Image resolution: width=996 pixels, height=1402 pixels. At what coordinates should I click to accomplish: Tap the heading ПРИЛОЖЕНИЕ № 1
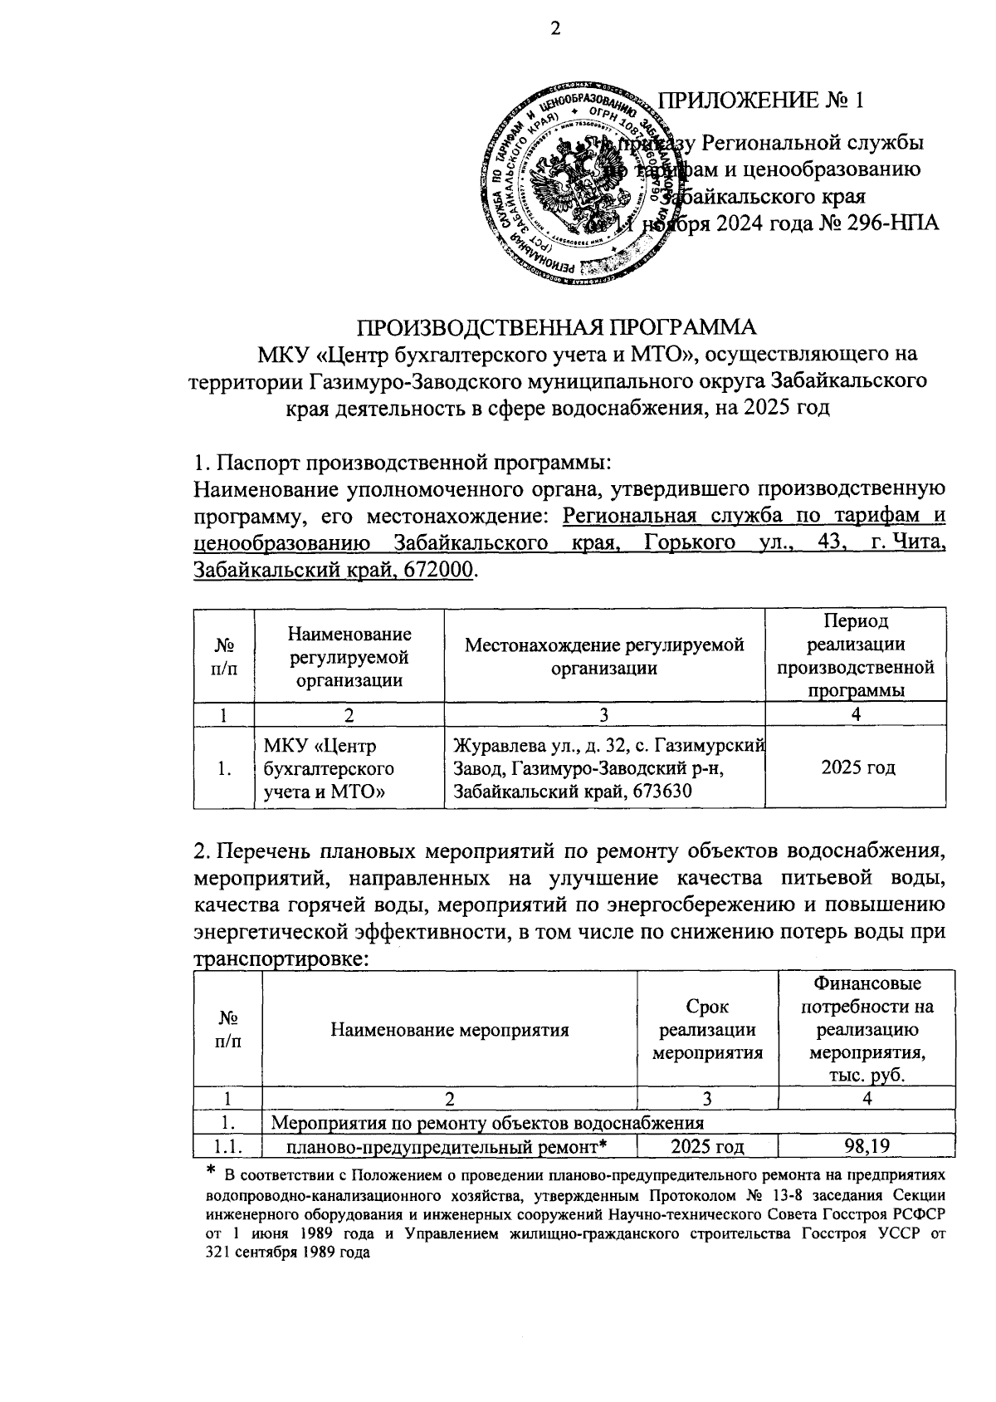[760, 100]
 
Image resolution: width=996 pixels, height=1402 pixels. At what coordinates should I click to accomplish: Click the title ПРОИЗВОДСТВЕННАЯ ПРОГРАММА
[558, 326]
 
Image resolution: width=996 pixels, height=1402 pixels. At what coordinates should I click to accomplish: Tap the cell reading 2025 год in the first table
[855, 767]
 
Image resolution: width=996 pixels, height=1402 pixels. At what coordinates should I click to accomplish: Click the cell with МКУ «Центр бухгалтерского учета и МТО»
[328, 767]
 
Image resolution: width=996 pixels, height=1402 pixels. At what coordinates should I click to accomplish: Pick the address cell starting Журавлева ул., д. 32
[603, 767]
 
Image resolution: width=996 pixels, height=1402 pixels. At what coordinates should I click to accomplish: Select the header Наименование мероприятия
[449, 1031]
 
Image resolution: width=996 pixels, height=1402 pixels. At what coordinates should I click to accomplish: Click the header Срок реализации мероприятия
[706, 1031]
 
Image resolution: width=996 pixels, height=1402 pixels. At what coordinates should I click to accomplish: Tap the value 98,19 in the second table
[866, 1147]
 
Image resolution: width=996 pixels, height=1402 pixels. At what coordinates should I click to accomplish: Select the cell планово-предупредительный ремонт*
[449, 1147]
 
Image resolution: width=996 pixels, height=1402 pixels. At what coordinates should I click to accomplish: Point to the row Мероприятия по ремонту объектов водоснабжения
[488, 1123]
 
